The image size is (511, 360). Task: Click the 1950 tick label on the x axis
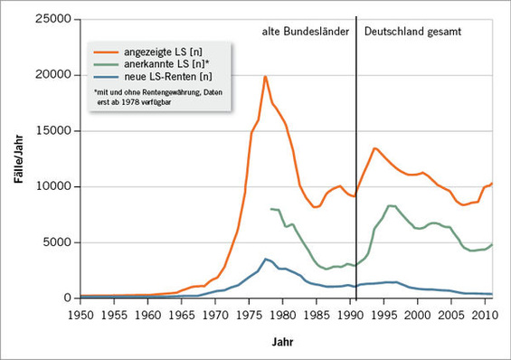[80, 315]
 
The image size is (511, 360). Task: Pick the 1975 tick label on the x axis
[249, 315]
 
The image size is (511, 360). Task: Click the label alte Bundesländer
[300, 31]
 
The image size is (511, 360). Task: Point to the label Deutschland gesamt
[413, 31]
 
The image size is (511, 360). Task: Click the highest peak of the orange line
[264, 76]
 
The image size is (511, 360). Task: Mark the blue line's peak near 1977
[264, 259]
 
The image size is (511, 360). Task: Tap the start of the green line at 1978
[270, 208]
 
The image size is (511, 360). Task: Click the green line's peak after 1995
[389, 205]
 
